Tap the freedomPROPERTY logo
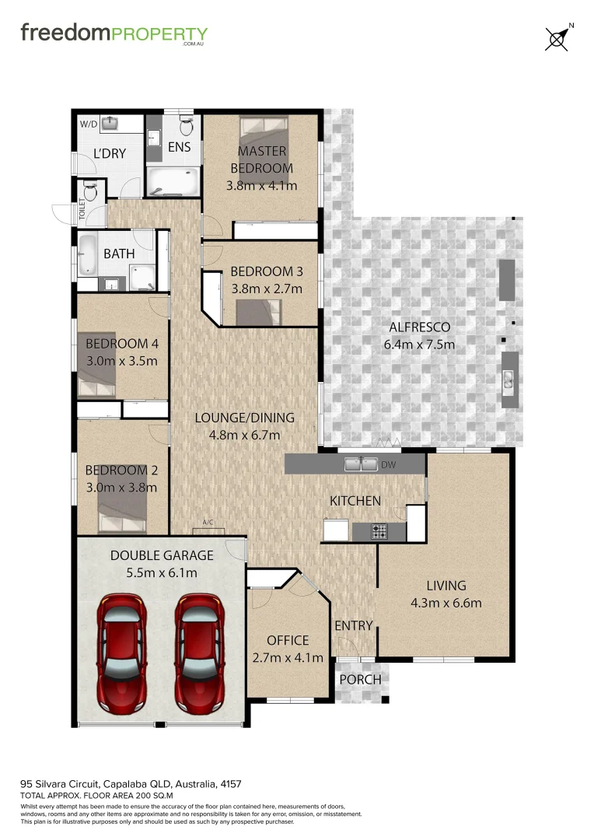coord(114,34)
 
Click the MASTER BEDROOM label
coord(261,159)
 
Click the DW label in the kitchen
coord(389,465)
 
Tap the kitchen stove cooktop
coord(379,532)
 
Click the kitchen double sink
coord(361,464)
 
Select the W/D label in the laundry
coord(89,124)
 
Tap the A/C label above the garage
coord(208,522)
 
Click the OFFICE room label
coord(288,640)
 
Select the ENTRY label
coord(354,625)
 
